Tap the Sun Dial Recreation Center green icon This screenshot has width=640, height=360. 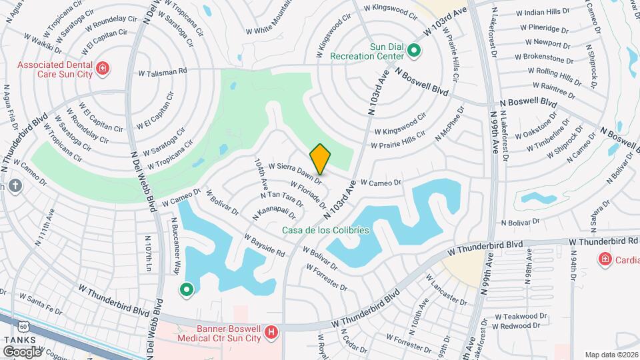414,51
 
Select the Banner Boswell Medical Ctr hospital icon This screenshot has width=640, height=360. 271,332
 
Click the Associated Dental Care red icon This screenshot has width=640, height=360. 103,67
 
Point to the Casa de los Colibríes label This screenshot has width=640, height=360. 325,229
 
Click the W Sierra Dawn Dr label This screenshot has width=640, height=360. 295,173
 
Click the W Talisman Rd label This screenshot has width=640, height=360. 163,71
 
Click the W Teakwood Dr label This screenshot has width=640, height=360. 525,316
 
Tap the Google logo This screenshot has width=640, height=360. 22,351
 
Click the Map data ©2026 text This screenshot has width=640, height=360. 611,355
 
